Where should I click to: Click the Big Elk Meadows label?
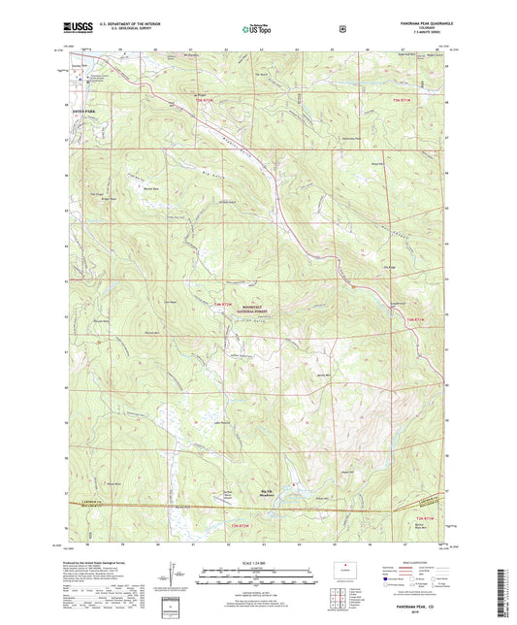coord(266,494)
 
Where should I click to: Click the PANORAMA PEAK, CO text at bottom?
coord(410,608)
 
